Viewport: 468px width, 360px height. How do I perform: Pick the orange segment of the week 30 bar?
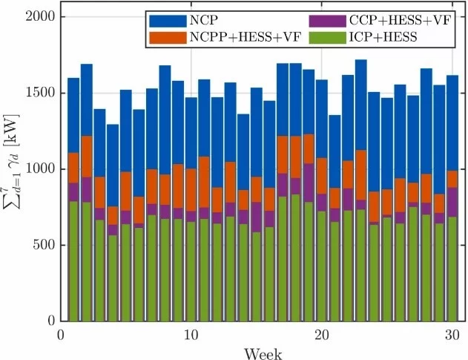pos(452,179)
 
